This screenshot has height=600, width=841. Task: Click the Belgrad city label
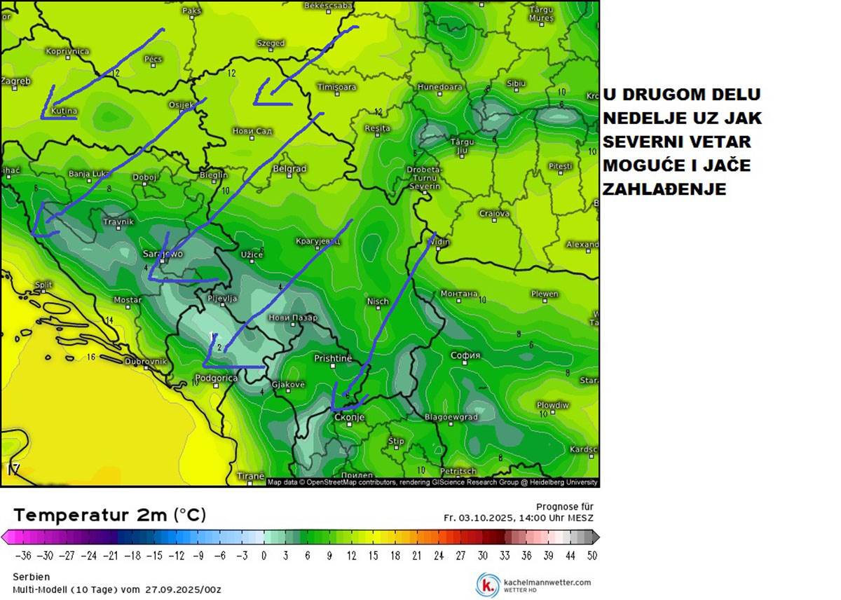[x=290, y=169]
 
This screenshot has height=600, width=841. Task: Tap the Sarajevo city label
[x=163, y=254]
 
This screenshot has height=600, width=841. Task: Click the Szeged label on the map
[x=271, y=43]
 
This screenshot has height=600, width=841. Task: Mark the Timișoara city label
[x=336, y=88]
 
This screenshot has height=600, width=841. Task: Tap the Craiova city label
[x=494, y=214]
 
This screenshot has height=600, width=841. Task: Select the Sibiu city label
[x=516, y=83]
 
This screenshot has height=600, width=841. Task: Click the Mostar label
[x=128, y=300]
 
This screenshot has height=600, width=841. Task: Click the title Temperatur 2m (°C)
[x=109, y=515]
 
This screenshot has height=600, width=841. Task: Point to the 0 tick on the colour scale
[x=264, y=556]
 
